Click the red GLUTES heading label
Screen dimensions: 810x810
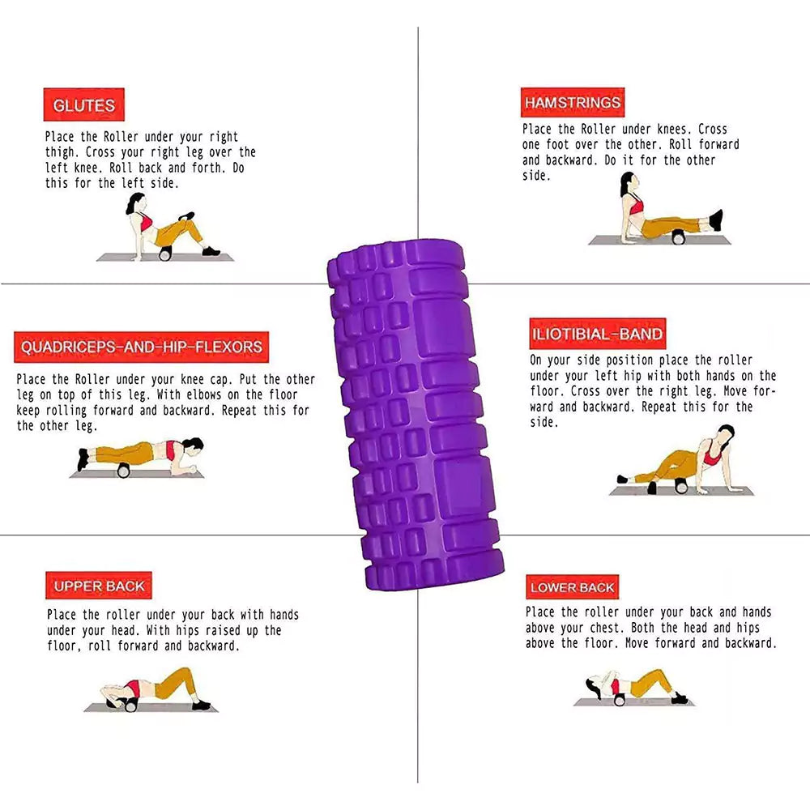click(83, 104)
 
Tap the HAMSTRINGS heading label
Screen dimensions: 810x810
click(573, 102)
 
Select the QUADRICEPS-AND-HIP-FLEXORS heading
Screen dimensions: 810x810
click(142, 347)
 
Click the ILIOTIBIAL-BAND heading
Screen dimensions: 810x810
click(597, 334)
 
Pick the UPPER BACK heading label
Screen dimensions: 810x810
click(99, 586)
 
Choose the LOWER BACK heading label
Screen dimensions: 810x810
click(573, 586)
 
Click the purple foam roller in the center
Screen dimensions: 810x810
click(416, 413)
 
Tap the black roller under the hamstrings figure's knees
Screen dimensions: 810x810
click(678, 238)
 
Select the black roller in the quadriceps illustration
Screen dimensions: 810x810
click(123, 471)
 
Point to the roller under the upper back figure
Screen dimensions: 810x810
click(130, 705)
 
